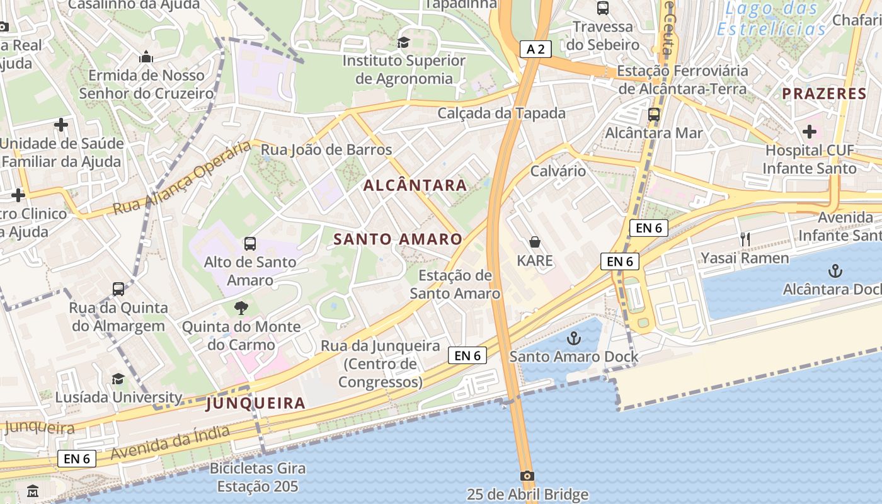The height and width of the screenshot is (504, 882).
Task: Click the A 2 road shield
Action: point(536,49)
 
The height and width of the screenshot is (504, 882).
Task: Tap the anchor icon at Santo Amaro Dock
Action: point(573,338)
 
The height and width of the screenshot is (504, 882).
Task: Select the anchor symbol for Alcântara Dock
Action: point(835,271)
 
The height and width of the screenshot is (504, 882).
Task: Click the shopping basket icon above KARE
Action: point(535,242)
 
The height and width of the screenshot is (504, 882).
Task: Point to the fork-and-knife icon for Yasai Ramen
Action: point(745,239)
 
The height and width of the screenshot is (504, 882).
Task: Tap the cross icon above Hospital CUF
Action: point(810,132)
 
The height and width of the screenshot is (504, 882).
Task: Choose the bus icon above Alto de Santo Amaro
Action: point(250,244)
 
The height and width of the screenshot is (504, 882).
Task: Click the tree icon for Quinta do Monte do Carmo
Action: point(241,308)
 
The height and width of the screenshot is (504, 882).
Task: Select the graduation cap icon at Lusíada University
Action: point(118,379)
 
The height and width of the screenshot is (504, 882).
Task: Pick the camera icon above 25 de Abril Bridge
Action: point(527,476)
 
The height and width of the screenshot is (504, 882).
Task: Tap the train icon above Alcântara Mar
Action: point(654,115)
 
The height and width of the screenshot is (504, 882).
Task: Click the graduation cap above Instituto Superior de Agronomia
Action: point(403,42)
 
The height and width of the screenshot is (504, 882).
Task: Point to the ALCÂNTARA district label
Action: point(416,185)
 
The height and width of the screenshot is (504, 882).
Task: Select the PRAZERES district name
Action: point(824,94)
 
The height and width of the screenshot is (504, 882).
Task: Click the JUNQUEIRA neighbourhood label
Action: point(256,403)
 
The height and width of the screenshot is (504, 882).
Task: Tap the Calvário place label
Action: point(558,171)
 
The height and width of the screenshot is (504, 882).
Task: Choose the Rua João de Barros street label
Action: point(326,150)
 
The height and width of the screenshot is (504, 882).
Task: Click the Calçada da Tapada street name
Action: point(501,113)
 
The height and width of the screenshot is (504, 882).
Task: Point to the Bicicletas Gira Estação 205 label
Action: point(258,478)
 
